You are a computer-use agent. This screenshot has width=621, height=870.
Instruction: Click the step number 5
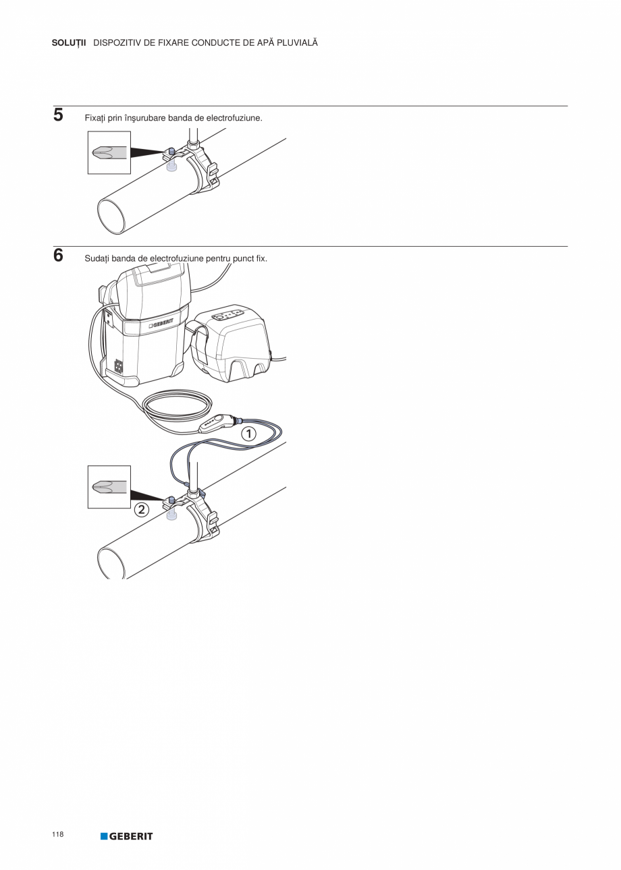coord(58,115)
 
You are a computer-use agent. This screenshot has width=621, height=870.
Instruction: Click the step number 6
coord(58,255)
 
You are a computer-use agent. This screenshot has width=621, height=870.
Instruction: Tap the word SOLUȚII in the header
coord(69,43)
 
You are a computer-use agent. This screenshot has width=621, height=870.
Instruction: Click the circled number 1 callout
coord(249,434)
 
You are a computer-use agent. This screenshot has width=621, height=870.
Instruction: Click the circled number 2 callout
coord(142,509)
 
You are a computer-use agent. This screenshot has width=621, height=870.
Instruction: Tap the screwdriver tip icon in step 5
coord(109,152)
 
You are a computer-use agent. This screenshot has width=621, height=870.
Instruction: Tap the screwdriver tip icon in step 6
coord(109,487)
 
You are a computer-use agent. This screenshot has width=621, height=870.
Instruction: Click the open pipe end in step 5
coord(111,216)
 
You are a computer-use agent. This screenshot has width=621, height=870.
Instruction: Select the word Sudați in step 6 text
coord(97,259)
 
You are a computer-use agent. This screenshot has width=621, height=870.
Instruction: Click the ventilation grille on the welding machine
coord(119,365)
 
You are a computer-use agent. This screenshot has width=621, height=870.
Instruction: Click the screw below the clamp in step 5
coord(171,167)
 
